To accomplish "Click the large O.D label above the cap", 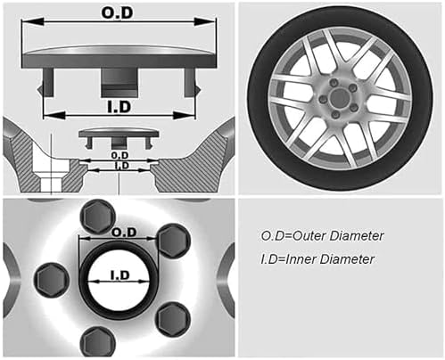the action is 117,13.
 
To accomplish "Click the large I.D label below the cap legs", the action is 119,107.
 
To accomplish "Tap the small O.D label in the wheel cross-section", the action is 119,155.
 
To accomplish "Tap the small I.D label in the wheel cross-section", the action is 121,166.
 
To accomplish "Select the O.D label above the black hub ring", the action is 124,233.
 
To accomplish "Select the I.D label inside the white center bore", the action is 120,275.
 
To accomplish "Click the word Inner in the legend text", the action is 301,259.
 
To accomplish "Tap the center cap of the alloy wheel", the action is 338,97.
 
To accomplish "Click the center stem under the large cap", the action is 119,82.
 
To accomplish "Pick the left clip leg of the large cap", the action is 46,82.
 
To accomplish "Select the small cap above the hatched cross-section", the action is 119,138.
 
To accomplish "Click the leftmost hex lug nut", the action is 53,280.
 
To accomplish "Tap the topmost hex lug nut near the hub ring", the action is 97,216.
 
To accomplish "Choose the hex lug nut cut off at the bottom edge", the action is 97,342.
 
